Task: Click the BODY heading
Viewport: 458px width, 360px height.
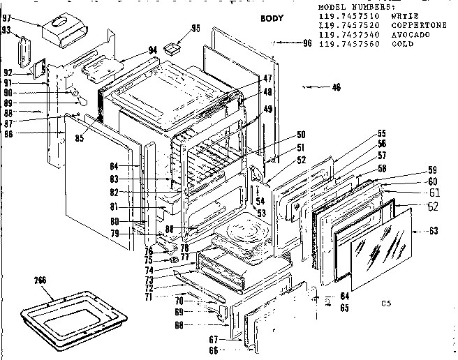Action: click(x=272, y=18)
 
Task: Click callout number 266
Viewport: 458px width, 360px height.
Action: click(x=40, y=281)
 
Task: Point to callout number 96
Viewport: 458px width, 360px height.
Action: click(x=306, y=43)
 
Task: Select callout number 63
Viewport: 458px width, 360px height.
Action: click(x=434, y=230)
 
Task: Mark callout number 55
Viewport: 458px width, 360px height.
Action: click(x=382, y=133)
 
